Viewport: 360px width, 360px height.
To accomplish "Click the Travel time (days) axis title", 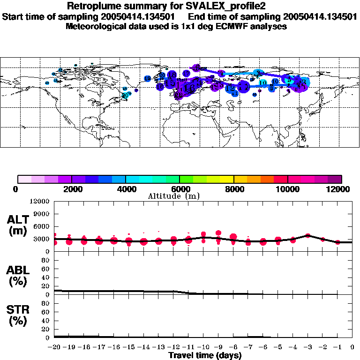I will (205, 356).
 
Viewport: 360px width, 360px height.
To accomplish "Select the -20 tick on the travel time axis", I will (54, 347).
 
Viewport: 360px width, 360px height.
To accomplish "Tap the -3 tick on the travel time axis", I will (307, 347).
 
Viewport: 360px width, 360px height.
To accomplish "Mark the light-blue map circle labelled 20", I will (125, 95).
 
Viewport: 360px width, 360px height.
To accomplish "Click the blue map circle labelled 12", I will (230, 88).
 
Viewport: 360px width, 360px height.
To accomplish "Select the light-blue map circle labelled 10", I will (263, 83).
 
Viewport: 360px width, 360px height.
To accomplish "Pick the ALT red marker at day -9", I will (218, 233).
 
